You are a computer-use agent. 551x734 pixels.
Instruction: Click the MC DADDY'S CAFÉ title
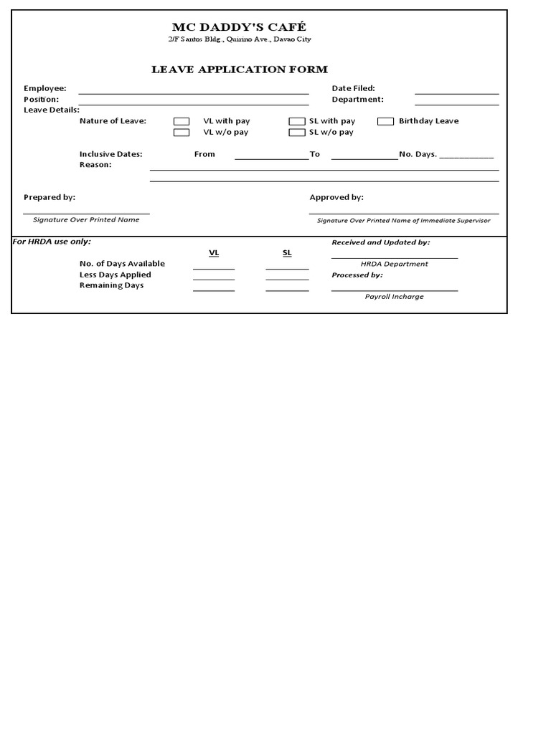239,27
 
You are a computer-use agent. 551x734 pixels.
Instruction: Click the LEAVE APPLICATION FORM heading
239,70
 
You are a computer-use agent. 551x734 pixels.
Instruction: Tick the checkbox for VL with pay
182,122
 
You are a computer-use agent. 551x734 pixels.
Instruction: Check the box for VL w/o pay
182,133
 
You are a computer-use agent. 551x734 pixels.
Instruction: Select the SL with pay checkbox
297,122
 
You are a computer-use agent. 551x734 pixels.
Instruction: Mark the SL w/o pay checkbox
297,133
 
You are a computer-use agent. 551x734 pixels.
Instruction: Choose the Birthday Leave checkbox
386,122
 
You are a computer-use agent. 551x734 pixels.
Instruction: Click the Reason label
95,165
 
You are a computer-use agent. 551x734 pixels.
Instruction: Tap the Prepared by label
50,197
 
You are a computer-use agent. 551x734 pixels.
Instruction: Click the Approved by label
336,197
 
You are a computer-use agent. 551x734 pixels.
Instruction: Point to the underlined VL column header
214,253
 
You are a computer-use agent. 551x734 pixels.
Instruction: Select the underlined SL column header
287,253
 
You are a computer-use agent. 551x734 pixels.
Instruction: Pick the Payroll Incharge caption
394,297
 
